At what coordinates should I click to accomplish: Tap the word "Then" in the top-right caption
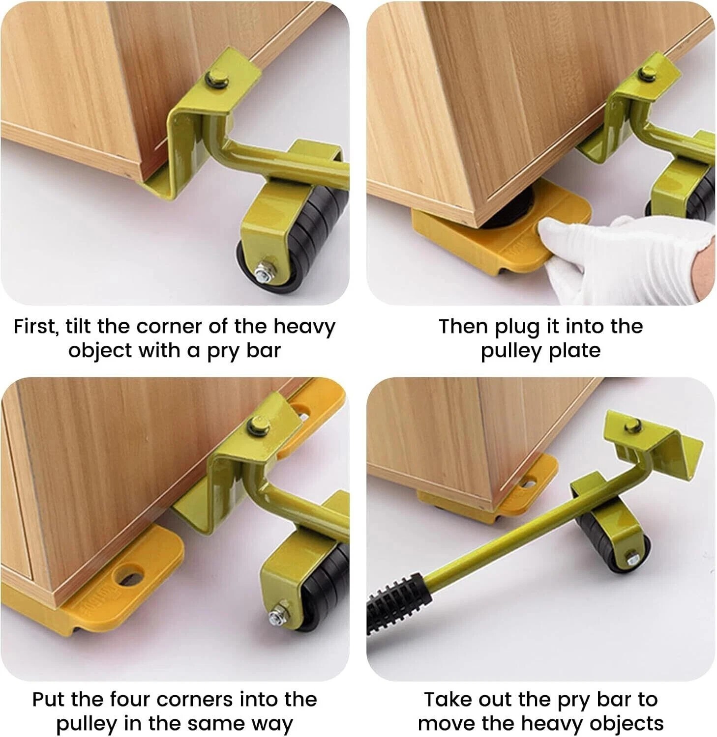tap(463, 326)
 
